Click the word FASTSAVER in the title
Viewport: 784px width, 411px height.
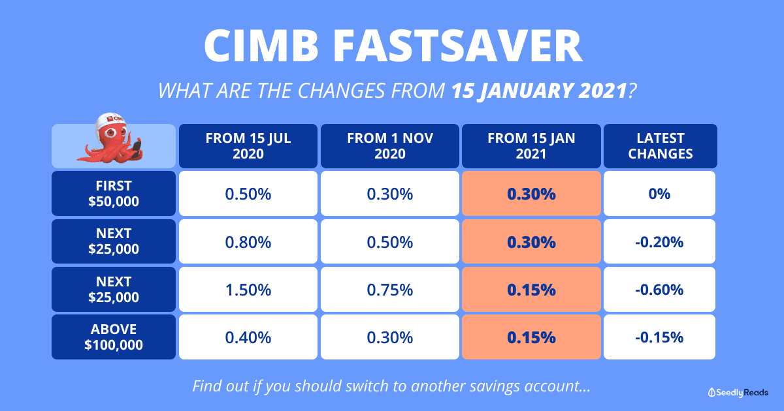click(457, 46)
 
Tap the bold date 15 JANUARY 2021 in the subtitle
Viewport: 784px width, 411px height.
click(540, 91)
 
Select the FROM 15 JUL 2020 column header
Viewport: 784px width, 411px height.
click(248, 145)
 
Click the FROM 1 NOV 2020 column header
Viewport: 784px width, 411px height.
click(390, 145)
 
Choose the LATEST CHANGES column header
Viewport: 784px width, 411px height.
click(660, 145)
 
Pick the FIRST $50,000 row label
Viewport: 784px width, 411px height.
click(114, 193)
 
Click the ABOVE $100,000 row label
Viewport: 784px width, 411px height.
click(114, 337)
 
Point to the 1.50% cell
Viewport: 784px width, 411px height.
click(248, 290)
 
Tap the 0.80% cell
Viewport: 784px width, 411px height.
click(248, 241)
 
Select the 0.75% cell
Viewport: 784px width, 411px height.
click(390, 290)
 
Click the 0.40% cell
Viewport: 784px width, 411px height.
click(248, 337)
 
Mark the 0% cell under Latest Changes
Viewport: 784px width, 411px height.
click(659, 193)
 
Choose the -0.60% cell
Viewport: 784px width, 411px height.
click(659, 290)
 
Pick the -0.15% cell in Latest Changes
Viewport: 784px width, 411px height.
click(659, 337)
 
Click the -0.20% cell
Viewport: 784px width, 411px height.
click(659, 241)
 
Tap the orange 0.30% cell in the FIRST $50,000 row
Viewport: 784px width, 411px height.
click(531, 193)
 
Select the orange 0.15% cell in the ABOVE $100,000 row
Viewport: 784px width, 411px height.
click(531, 337)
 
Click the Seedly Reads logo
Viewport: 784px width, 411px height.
click(738, 393)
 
